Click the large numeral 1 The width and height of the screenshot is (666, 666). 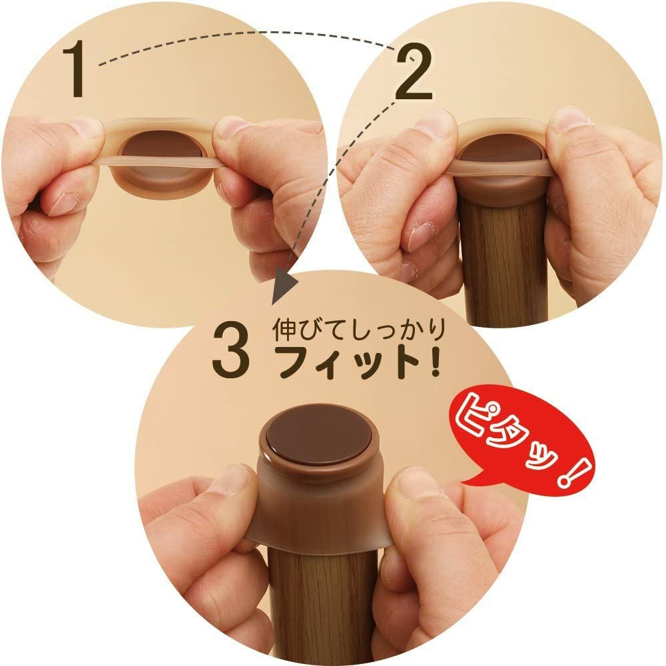click(79, 69)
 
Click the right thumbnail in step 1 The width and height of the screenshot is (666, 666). click(230, 127)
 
